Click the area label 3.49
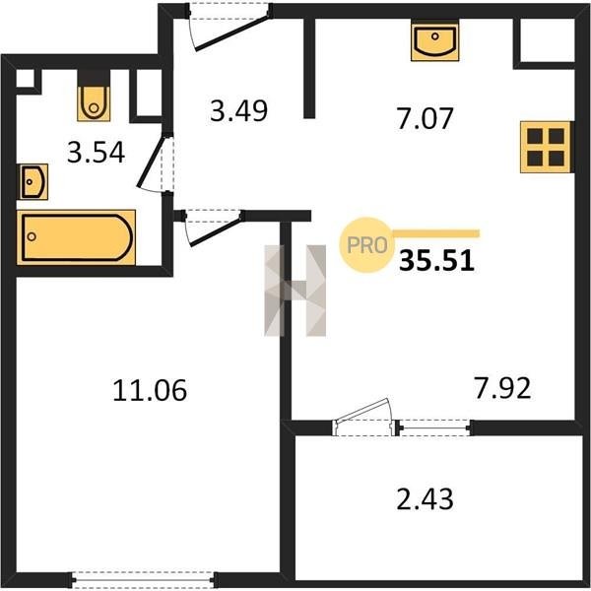tap(238, 110)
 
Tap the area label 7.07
tap(425, 118)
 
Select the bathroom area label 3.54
tap(96, 153)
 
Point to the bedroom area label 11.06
tap(150, 390)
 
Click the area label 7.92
tap(502, 388)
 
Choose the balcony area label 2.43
tap(425, 498)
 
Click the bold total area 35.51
tap(436, 261)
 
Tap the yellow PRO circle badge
tap(366, 245)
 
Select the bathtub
tap(76, 237)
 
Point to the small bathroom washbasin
tap(33, 182)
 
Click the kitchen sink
tap(435, 40)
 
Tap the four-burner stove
tap(546, 147)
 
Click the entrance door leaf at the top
tap(232, 32)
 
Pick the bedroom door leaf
tap(217, 230)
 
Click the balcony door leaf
tap(364, 410)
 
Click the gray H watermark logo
tap(295, 291)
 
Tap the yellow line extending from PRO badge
tap(435, 234)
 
